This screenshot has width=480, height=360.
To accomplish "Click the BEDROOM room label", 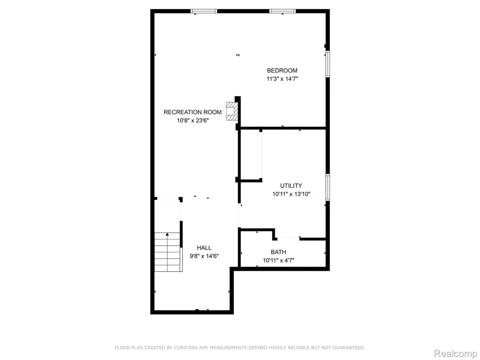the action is pyautogui.click(x=282, y=71).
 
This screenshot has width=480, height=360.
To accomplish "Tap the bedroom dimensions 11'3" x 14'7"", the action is pyautogui.click(x=282, y=79).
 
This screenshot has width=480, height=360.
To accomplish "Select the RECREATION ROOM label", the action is pyautogui.click(x=192, y=112).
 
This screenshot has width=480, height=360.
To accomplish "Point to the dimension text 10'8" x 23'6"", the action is pyautogui.click(x=193, y=120).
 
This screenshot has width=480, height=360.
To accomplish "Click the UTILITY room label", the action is pyautogui.click(x=291, y=185).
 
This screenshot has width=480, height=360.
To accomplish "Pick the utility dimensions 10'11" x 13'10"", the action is pyautogui.click(x=291, y=194).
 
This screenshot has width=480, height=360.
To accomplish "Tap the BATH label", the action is pyautogui.click(x=278, y=252).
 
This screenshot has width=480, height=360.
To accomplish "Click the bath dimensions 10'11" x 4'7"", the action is pyautogui.click(x=278, y=261).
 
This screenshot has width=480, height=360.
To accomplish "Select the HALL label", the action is pyautogui.click(x=204, y=248).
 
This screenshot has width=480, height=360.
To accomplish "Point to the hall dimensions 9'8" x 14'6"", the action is pyautogui.click(x=204, y=256).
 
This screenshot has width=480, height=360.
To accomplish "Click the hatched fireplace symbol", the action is pyautogui.click(x=231, y=111).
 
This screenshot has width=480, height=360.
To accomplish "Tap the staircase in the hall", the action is pyautogui.click(x=168, y=252).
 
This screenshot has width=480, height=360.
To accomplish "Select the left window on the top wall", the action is pyautogui.click(x=204, y=12).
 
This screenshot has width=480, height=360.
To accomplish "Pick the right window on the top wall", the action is pyautogui.click(x=283, y=12).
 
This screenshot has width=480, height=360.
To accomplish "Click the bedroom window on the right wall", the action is pyautogui.click(x=327, y=64).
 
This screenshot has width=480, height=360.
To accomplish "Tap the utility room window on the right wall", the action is pyautogui.click(x=327, y=187).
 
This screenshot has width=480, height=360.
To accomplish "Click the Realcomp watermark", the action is pyautogui.click(x=456, y=354).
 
